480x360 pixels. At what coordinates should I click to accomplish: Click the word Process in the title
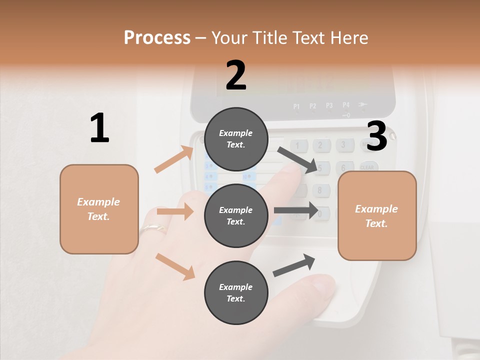157,38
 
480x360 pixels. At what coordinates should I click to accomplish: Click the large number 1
99,128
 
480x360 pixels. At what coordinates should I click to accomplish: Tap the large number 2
236,75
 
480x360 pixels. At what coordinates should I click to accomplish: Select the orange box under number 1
99,209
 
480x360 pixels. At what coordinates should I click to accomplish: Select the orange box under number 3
377,215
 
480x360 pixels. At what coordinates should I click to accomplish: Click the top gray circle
236,139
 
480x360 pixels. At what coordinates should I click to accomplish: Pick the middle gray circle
236,215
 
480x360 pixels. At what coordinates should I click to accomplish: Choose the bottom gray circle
236,292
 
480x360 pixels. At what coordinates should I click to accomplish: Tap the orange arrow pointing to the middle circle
175,212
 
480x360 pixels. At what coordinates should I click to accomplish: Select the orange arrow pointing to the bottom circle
175,266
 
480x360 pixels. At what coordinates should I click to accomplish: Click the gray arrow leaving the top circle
297,160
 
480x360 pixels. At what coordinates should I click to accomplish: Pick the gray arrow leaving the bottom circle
294,265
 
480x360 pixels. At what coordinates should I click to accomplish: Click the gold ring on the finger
153,228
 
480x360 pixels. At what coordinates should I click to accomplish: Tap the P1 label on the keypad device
296,106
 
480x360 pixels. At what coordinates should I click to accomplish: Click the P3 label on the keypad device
329,105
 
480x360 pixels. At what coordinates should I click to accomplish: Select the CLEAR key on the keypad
367,167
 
